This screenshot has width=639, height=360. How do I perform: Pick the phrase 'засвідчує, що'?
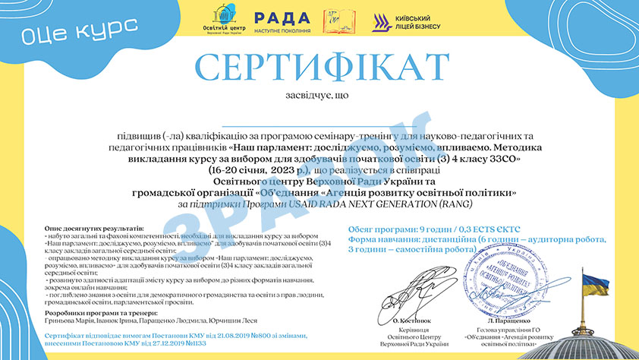click(319, 96)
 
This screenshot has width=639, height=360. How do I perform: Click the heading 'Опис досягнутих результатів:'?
click(94, 228)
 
